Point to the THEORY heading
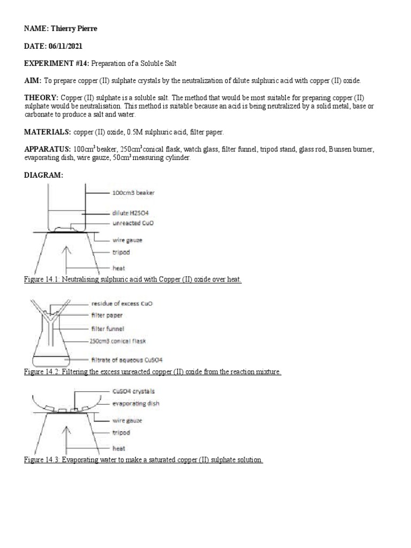tap(41, 97)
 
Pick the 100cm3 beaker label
tap(133, 192)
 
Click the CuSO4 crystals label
tap(133, 392)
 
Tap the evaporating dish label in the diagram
tap(135, 404)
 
